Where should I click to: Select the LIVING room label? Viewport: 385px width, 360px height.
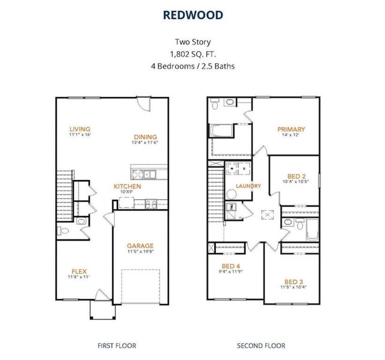(80, 129)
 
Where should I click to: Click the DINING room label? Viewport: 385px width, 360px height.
(145, 136)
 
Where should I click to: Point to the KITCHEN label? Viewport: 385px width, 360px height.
(128, 186)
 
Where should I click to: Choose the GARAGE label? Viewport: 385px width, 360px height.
(140, 245)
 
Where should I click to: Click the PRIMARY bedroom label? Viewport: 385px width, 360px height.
(291, 129)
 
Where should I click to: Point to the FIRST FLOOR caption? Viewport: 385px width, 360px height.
(116, 345)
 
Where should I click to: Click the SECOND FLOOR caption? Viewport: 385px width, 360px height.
(261, 345)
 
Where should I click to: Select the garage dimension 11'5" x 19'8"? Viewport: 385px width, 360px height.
(140, 253)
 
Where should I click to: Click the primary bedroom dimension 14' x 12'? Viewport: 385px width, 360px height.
(291, 136)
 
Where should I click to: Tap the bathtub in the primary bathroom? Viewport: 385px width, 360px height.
(221, 130)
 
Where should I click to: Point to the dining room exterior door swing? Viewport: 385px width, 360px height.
(143, 104)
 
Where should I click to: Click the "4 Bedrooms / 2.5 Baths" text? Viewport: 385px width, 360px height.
(192, 65)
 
